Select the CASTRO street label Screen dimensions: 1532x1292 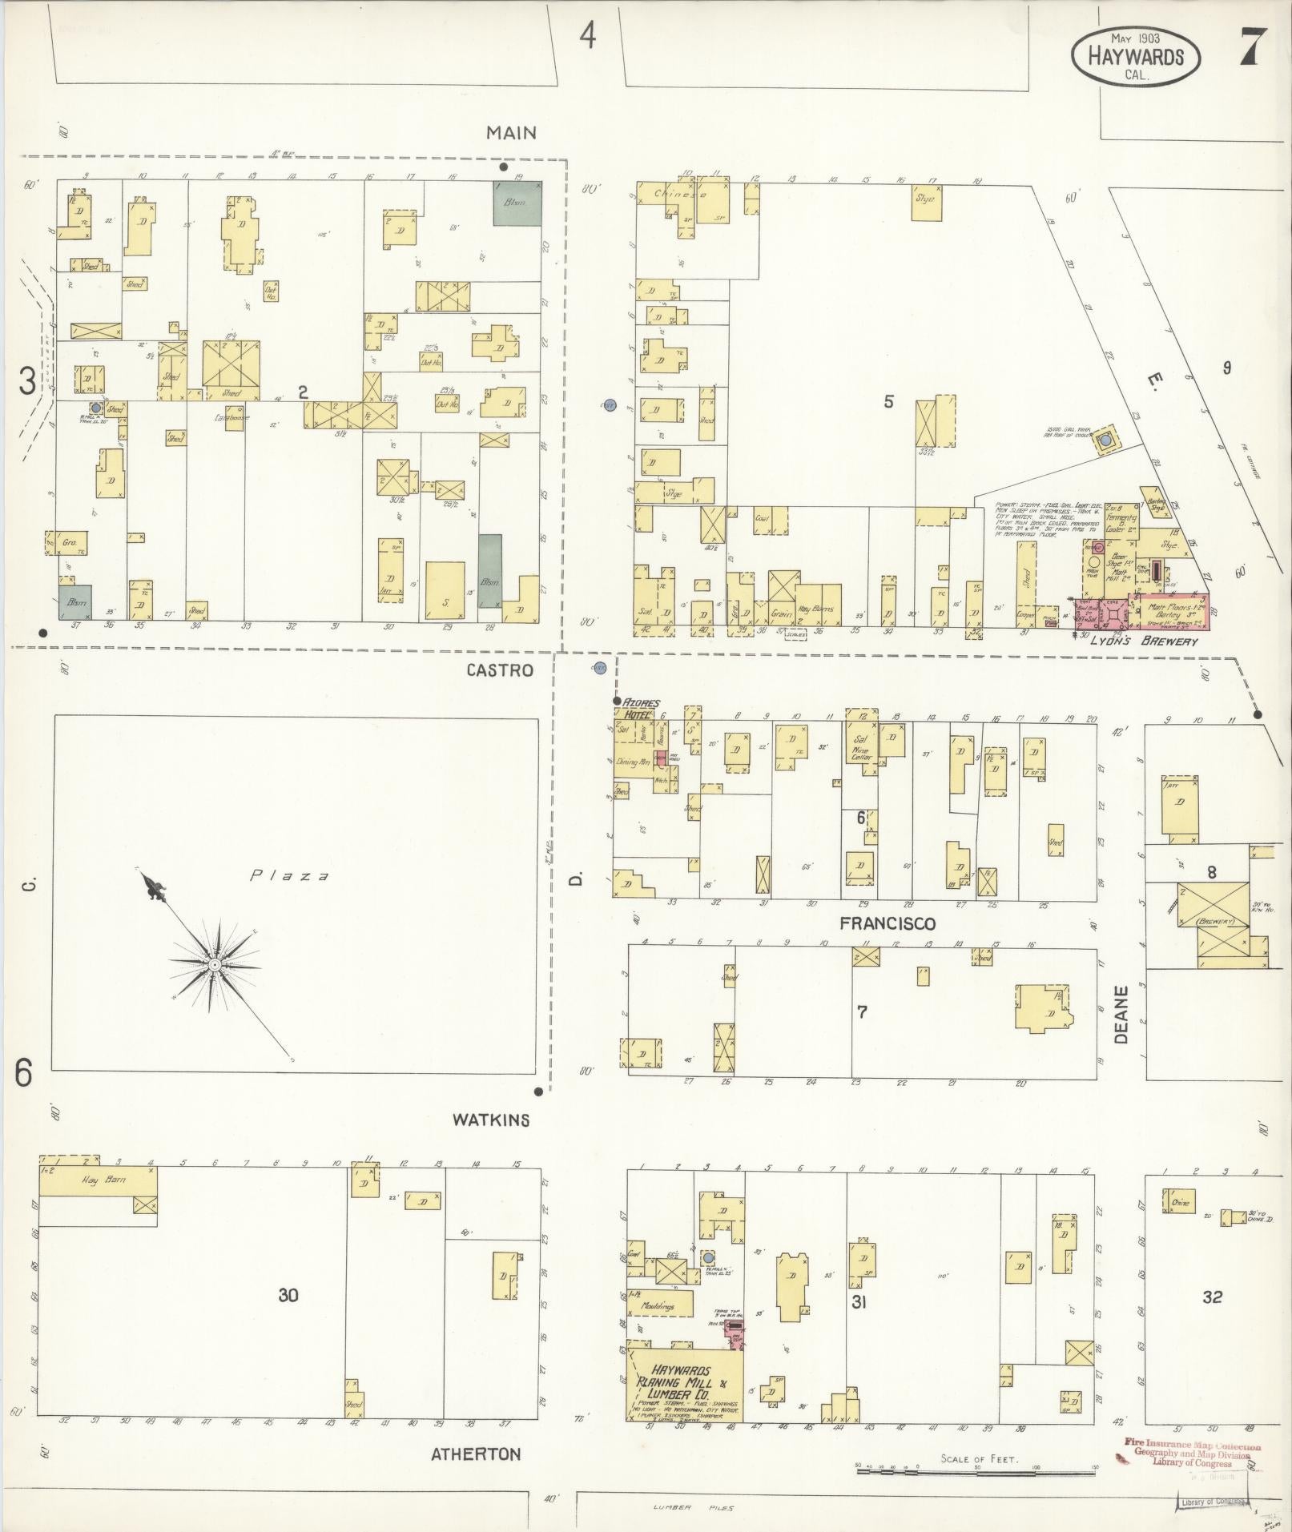click(x=500, y=669)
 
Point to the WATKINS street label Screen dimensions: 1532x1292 click(x=490, y=1120)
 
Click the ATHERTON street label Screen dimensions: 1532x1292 click(x=476, y=1454)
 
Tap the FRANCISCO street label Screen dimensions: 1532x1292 click(x=887, y=923)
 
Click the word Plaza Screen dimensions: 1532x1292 click(x=289, y=875)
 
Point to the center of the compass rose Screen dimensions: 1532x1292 click(x=215, y=966)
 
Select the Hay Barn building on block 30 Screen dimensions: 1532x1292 click(x=98, y=1180)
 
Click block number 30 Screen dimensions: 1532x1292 click(x=288, y=1294)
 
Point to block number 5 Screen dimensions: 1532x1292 click(x=887, y=401)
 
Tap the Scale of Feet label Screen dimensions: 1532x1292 click(x=980, y=1459)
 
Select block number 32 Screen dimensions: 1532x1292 click(x=1212, y=1296)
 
